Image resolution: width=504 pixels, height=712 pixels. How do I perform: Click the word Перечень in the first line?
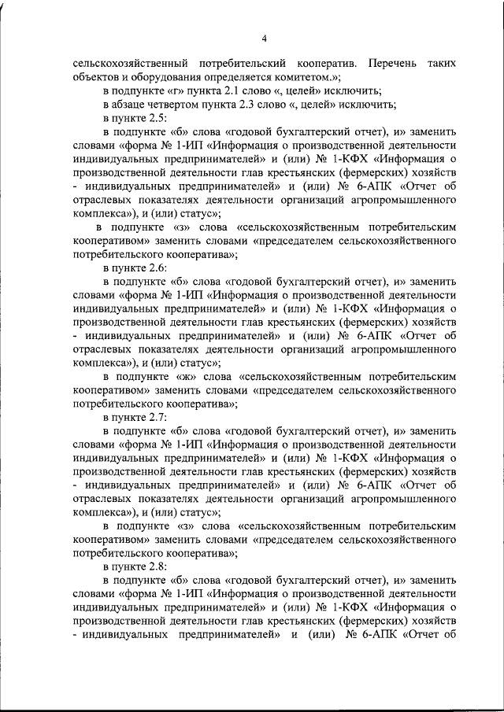click(x=380, y=61)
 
